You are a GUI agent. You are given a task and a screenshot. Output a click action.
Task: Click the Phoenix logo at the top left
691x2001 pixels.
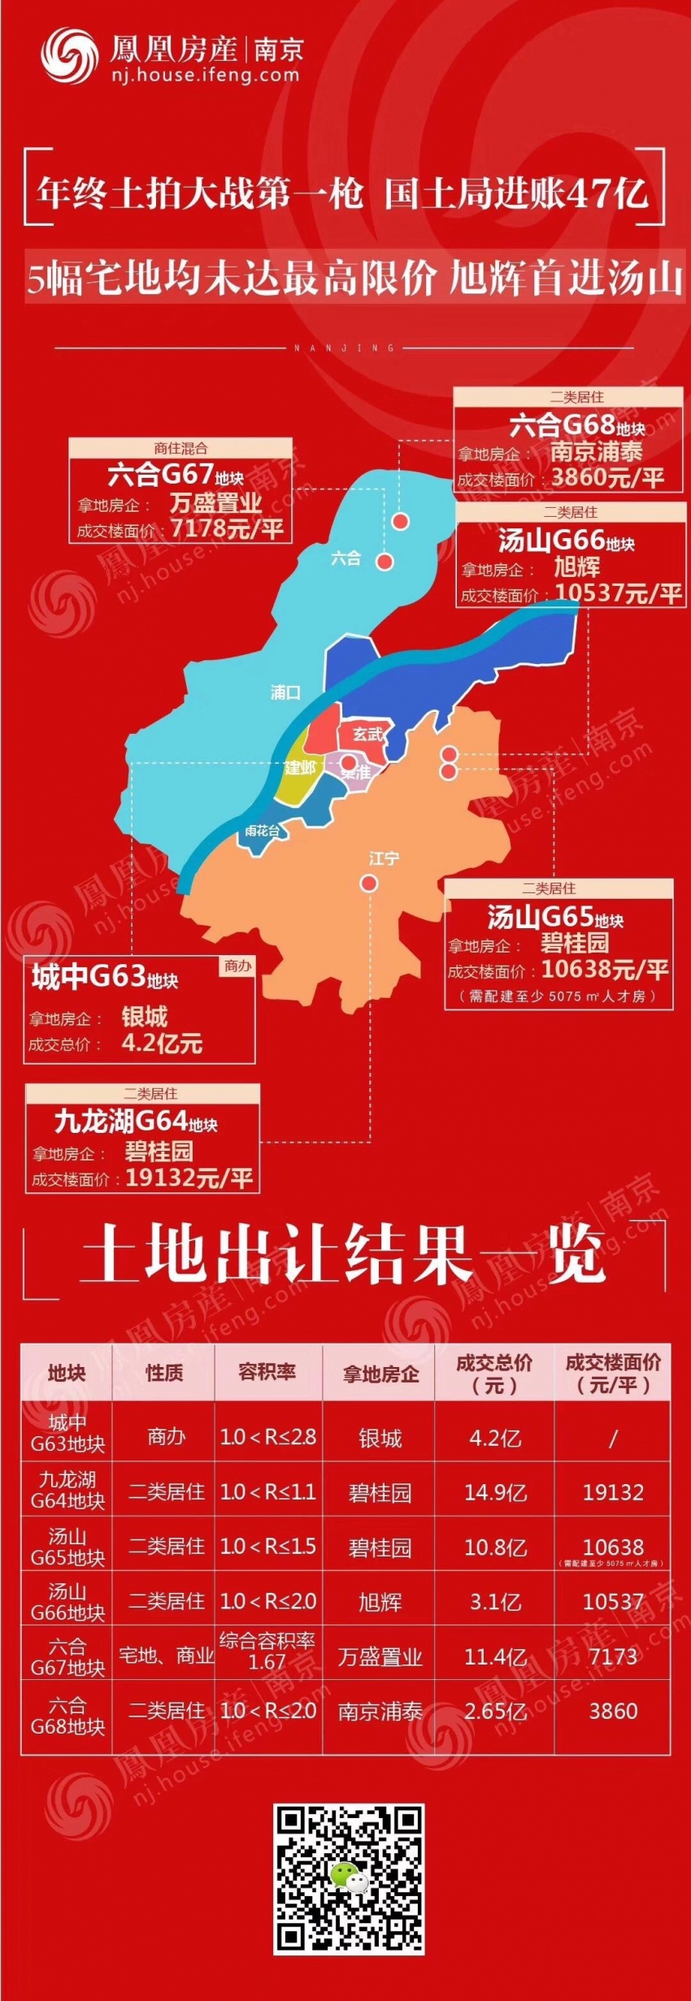click(70, 54)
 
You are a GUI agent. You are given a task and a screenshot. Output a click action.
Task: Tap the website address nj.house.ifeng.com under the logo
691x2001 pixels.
click(205, 76)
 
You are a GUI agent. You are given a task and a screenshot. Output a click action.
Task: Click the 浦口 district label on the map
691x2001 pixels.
click(285, 692)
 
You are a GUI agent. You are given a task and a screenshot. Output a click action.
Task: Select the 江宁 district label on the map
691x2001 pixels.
click(384, 858)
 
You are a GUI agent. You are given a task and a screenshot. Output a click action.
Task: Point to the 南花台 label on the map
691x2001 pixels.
click(262, 831)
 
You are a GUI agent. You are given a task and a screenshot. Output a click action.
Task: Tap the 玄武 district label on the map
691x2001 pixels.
click(367, 734)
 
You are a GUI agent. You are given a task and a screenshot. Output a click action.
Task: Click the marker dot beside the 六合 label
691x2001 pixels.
click(385, 562)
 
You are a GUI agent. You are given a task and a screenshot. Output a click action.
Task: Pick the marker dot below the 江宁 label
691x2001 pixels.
click(369, 883)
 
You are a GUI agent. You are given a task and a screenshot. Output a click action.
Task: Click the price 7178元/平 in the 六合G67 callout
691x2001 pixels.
click(227, 529)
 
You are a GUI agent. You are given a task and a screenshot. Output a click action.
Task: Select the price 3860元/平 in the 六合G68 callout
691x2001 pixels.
click(607, 477)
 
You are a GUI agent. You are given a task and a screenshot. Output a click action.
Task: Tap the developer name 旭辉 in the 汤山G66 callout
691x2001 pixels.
click(576, 566)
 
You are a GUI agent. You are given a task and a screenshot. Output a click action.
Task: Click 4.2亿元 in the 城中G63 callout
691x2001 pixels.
click(162, 1044)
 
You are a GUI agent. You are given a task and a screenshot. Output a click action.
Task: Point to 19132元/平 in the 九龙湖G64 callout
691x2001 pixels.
click(189, 1178)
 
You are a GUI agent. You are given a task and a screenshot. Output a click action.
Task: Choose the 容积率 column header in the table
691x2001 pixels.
click(267, 1372)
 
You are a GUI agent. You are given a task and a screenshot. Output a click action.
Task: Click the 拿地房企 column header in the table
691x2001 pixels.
click(380, 1374)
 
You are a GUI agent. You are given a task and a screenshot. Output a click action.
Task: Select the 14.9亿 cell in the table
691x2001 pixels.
click(495, 1492)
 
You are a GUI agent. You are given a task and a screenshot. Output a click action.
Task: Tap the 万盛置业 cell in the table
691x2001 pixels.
click(380, 1657)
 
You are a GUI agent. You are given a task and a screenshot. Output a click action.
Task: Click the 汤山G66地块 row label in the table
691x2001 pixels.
click(67, 1601)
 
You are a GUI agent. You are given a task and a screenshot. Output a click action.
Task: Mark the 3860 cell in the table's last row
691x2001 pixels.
click(613, 1711)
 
